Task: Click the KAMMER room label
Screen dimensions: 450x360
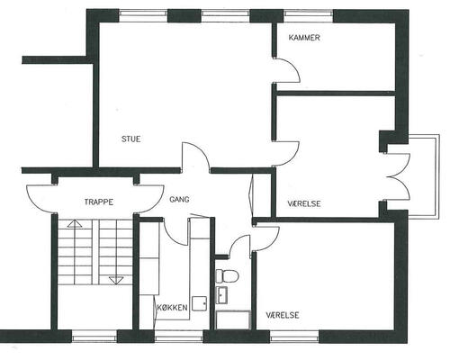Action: pyautogui.click(x=304, y=38)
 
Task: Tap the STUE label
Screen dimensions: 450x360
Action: pyautogui.click(x=130, y=139)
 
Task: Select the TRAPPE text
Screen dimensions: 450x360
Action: pyautogui.click(x=99, y=202)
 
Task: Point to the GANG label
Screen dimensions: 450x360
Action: pyautogui.click(x=179, y=200)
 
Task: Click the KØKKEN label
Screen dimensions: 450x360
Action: pyautogui.click(x=173, y=308)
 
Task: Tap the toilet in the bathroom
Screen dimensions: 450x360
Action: pyautogui.click(x=227, y=275)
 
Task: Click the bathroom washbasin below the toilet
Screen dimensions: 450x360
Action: pyautogui.click(x=221, y=295)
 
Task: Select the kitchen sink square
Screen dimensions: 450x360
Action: pyautogui.click(x=200, y=303)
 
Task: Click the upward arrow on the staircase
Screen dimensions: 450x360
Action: pyautogui.click(x=75, y=224)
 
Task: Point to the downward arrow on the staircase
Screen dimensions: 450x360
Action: pyautogui.click(x=116, y=280)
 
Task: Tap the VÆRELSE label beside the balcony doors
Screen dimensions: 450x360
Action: pyautogui.click(x=304, y=204)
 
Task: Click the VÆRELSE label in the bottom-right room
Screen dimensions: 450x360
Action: pyautogui.click(x=283, y=315)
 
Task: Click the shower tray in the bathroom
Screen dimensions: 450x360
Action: pyautogui.click(x=233, y=320)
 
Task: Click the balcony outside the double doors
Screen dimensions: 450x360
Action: pyautogui.click(x=423, y=176)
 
